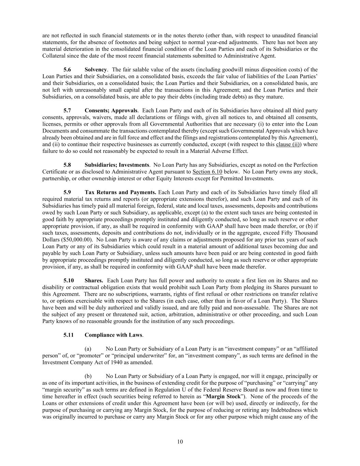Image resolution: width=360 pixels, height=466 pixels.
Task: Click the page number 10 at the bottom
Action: (180, 442)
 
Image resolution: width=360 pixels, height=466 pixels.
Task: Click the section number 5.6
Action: (67, 70)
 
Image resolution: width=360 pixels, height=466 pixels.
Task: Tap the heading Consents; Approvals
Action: (111, 111)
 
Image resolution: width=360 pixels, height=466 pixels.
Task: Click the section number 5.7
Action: (67, 111)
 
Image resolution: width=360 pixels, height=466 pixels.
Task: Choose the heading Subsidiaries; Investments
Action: (117, 165)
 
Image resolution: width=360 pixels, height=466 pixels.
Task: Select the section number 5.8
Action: (67, 165)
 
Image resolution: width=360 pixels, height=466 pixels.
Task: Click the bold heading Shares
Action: (94, 281)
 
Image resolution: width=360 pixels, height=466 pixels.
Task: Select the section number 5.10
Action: (69, 281)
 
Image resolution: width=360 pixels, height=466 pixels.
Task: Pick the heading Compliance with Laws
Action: (114, 335)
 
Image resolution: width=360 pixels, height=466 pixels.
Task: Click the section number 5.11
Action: (69, 335)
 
